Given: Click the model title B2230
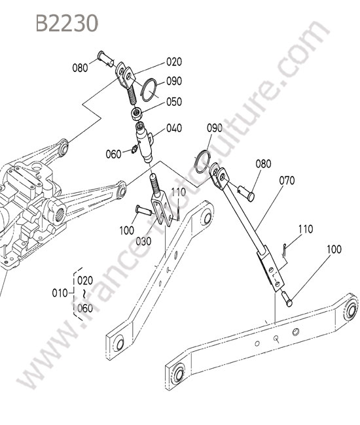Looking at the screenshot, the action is coord(67,23).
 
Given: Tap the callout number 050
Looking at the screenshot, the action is coord(174,102).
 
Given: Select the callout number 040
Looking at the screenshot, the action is coord(174,128).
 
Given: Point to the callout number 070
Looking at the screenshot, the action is coord(287,180).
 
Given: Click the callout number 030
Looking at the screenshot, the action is coord(143,241).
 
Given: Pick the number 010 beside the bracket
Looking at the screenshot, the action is coord(60,293).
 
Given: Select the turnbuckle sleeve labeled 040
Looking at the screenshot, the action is coord(145,143).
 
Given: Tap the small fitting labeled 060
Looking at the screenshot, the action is coord(134,149).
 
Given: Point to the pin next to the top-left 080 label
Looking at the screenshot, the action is coord(106,58).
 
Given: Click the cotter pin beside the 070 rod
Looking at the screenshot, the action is coord(283,250).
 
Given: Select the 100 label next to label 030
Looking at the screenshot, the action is coord(127,231).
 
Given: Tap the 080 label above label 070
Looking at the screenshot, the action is coord(263,164).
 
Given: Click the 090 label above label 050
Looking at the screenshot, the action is coord(174,81).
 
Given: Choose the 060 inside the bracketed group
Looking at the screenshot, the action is coord(85,308).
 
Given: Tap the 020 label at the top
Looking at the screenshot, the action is coord(174,62).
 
